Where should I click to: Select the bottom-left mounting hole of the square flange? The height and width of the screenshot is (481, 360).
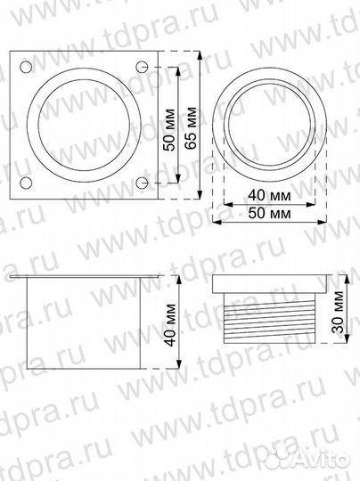coord(26,183)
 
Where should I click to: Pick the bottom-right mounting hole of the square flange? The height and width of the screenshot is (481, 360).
coord(142,183)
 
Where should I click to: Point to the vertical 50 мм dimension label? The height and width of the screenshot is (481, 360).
coord(168,127)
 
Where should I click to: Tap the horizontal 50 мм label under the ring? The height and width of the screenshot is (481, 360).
coord(268,214)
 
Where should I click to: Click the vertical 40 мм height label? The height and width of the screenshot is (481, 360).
coord(171,324)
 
